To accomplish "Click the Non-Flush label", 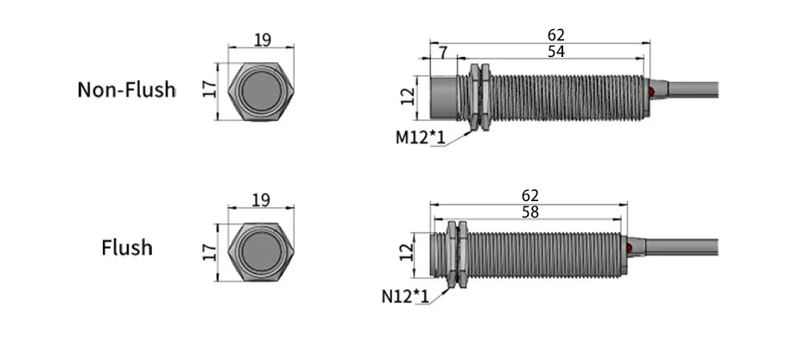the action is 126,90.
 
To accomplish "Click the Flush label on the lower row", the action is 127,247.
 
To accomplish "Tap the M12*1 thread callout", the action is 420,137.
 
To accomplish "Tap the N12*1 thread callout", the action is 405,296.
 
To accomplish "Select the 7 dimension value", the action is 443,52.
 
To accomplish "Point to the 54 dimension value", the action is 556,52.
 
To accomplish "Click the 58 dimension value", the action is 530,212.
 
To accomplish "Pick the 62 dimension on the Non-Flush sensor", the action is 556,35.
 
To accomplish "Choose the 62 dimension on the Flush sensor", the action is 530,195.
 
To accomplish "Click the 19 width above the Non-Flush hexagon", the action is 263,40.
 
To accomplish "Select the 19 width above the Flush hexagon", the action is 261,200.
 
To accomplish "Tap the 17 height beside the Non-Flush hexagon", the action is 209,91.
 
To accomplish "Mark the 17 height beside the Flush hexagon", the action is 209,252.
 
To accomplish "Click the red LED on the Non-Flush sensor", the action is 651,92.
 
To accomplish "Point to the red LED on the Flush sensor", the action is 629,249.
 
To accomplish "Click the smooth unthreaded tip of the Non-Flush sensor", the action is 444,98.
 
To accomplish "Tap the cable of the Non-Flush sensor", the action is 693,89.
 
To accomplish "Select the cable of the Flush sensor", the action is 682,247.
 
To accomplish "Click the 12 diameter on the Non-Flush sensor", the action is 408,96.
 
